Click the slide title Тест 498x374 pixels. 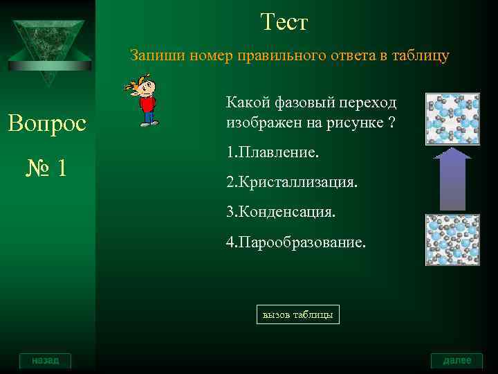coord(284,23)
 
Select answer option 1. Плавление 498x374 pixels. coord(272,151)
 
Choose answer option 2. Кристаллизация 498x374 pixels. coord(291,183)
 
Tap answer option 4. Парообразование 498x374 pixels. coord(295,243)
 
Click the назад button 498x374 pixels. coord(45,360)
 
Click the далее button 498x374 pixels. coord(456,360)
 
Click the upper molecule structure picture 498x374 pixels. coord(452,118)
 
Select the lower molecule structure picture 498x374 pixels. coord(452,240)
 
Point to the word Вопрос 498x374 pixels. coord(46,124)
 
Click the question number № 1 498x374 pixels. coord(46,168)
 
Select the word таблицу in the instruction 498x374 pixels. coord(423,56)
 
